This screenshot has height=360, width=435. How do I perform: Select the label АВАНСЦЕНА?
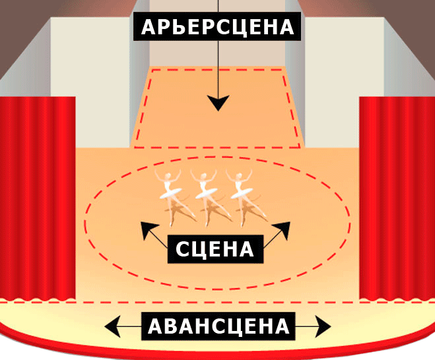(x=218, y=326)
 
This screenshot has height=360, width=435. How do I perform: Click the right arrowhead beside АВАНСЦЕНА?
(x=324, y=326)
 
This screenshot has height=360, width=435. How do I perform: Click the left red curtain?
(x=38, y=198)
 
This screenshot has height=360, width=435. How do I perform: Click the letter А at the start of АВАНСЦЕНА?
(x=154, y=326)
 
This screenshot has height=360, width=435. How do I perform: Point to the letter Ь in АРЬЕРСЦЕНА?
(x=178, y=27)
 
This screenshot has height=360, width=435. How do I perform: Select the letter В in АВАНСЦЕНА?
(x=170, y=326)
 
